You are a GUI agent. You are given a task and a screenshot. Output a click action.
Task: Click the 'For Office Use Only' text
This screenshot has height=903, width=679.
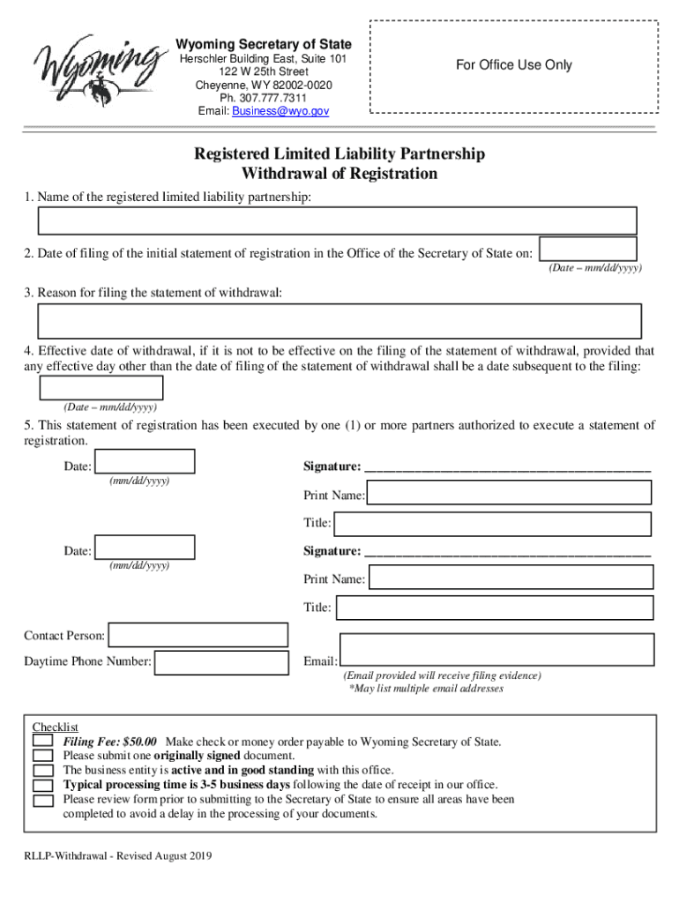click(x=513, y=64)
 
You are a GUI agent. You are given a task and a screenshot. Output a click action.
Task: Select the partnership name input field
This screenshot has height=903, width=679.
click(x=337, y=220)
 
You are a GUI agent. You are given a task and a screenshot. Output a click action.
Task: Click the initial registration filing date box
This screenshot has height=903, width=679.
click(x=587, y=249)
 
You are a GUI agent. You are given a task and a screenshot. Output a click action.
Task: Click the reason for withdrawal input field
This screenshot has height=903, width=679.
click(x=339, y=321)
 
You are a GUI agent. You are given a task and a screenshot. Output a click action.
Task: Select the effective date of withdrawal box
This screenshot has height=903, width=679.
click(x=101, y=388)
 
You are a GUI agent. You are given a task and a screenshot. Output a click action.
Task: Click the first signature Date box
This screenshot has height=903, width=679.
click(x=145, y=463)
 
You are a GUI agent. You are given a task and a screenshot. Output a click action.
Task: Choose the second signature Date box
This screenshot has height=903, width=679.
click(x=145, y=549)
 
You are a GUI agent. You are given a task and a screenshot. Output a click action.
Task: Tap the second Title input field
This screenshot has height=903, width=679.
click(x=495, y=608)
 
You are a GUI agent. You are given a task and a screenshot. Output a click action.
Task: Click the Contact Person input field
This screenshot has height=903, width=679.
click(x=198, y=635)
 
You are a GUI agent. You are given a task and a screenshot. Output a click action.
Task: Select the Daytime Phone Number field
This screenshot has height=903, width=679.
click(x=221, y=662)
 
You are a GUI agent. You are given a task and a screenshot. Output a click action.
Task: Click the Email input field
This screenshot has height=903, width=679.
click(x=496, y=649)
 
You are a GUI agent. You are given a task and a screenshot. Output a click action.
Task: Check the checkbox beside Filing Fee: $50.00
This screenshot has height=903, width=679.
click(x=43, y=742)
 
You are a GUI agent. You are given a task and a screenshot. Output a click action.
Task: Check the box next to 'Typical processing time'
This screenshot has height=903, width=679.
click(x=43, y=785)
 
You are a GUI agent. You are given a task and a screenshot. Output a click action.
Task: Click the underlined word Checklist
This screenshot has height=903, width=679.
click(x=56, y=728)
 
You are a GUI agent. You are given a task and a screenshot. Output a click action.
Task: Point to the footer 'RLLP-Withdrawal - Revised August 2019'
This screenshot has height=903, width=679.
click(x=117, y=856)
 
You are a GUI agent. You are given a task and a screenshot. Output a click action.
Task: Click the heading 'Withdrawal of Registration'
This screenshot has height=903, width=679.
click(x=339, y=174)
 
